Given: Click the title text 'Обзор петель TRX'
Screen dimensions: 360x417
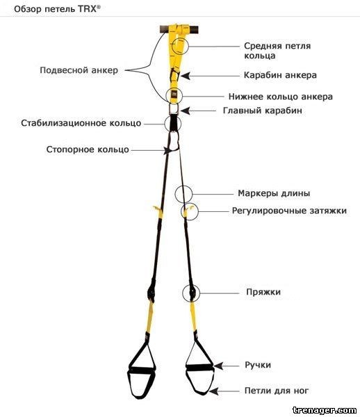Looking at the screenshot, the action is coord(57,9).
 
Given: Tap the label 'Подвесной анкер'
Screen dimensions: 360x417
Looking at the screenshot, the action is coord(79,70).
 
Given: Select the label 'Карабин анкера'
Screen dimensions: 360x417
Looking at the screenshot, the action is coord(280,75).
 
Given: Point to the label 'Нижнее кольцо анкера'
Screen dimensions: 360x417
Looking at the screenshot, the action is coord(281,97).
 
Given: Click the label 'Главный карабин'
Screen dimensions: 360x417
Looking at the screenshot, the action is coord(263,111).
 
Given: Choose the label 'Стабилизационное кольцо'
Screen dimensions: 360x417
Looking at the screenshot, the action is coord(81,123).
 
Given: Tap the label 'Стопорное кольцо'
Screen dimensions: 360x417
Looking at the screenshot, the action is coord(88,149).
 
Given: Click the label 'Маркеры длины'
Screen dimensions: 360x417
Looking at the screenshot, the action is coord(274,193).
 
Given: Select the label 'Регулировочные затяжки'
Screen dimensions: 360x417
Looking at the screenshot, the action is coord(289,211).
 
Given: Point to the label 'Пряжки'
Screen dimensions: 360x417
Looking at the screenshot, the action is coord(263,292).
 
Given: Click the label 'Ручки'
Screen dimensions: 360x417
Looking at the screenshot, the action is coord(258,365).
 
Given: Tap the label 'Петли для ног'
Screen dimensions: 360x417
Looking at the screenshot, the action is coord(277,391).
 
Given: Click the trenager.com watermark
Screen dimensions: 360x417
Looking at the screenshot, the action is coord(324,410).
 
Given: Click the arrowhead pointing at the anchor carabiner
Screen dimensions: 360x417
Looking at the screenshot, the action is coord(186,76).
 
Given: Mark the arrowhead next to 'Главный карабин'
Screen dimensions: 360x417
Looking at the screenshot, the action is coord(185,111).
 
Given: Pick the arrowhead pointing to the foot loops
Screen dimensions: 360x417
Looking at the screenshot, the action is coord(213,391).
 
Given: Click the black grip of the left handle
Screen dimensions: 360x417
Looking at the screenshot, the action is coord(142,370).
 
